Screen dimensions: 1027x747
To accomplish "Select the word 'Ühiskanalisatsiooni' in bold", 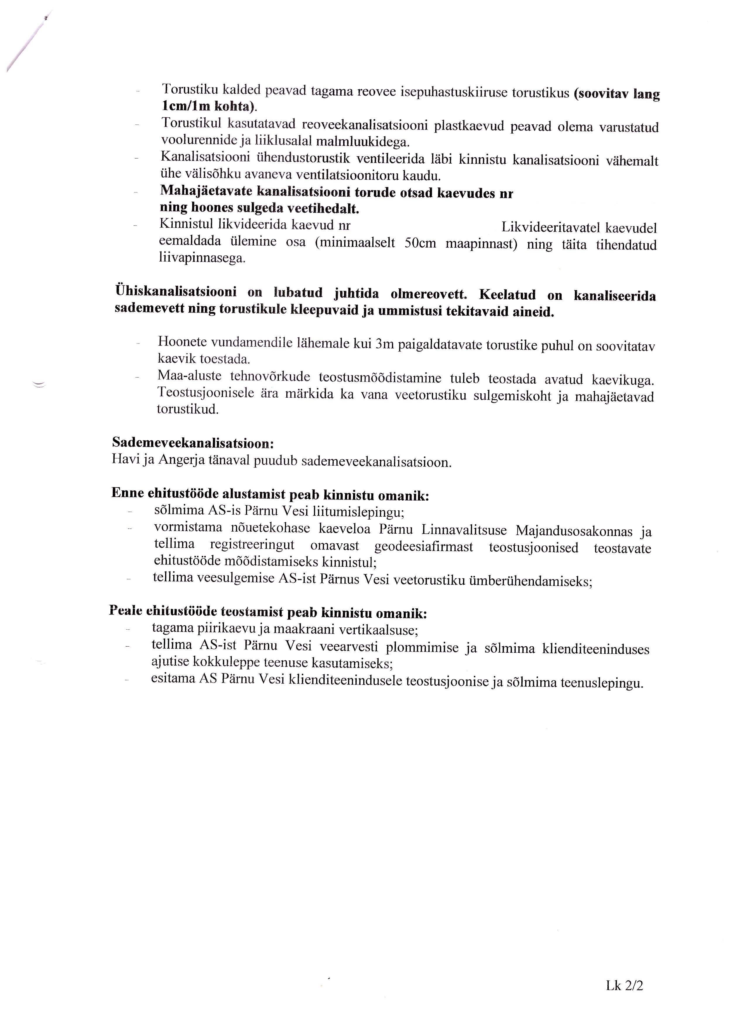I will (176, 291).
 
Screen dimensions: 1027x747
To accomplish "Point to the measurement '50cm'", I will (420, 243).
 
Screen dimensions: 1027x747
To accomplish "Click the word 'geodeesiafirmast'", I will (424, 547).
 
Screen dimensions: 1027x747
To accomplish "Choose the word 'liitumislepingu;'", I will (358, 512).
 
